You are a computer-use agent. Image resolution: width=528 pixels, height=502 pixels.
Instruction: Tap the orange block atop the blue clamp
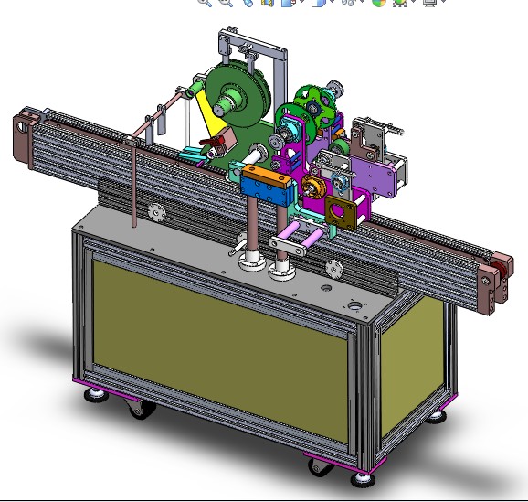265,176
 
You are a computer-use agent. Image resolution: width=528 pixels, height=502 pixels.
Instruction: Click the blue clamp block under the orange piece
269,192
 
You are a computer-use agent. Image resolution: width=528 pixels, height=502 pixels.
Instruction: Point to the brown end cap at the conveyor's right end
497,284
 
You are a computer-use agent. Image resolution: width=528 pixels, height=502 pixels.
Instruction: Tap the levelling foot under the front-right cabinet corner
364,475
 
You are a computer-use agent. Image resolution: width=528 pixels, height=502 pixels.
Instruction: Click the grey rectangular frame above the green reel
252,46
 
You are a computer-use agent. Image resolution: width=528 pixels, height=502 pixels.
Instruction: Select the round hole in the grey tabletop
353,306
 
